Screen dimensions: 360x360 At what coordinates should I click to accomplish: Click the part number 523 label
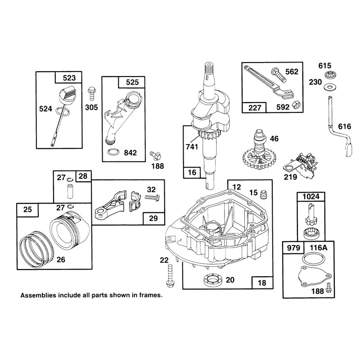69,78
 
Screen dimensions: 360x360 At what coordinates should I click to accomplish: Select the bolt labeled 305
92,94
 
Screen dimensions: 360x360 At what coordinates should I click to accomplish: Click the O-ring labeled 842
114,152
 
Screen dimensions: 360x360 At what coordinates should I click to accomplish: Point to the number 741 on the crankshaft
192,147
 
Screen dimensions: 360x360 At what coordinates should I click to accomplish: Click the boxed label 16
192,172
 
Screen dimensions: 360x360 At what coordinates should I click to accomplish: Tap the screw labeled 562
279,75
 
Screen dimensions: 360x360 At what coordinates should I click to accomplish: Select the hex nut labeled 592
296,105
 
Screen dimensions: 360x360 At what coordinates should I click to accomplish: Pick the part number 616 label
344,126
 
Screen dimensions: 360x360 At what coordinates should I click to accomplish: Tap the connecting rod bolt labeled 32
152,197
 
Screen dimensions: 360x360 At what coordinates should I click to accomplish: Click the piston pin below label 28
70,191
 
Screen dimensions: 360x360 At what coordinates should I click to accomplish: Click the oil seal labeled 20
213,280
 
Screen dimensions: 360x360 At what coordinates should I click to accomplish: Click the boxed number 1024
311,197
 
